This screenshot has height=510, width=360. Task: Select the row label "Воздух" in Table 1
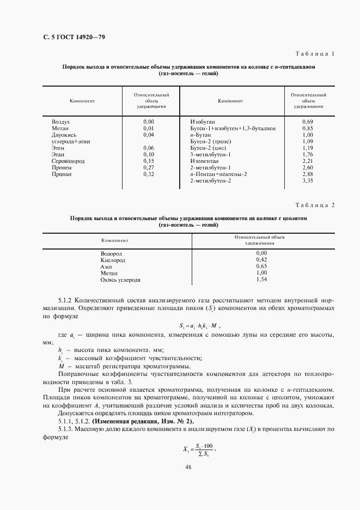[61, 121]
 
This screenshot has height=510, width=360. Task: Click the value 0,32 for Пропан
[149, 174]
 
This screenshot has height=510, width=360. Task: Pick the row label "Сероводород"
[69, 161]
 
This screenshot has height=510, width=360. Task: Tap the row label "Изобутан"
[203, 121]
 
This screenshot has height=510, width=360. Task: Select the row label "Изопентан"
[204, 161]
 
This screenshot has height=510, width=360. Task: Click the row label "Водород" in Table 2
[111, 254]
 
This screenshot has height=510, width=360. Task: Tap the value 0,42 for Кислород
[261, 260]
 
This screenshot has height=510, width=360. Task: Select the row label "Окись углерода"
[120, 280]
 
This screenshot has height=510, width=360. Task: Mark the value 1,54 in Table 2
[261, 280]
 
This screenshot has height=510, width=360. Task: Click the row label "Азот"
[106, 267]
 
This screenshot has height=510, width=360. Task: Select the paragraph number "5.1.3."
[68, 430]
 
